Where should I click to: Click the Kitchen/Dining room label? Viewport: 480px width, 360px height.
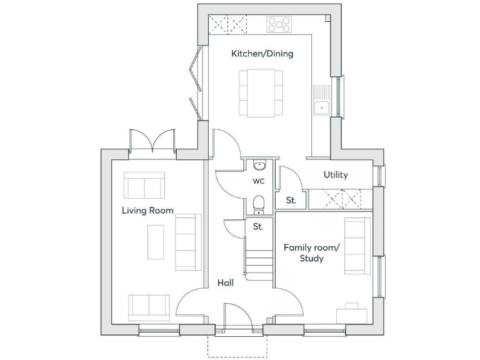coord(262,54)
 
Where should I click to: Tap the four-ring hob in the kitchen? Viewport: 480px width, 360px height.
coord(279,24)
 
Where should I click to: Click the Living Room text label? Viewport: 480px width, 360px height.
coord(147,211)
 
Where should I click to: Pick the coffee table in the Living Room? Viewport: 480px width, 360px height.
coord(156,241)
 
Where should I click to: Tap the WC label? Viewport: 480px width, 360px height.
coord(259,181)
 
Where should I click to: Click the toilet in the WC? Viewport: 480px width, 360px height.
coord(259,203)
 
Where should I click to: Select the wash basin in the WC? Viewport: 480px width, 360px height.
coord(260,165)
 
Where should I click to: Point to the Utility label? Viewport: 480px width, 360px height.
coord(336,175)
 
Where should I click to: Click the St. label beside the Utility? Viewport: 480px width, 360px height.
coord(291,201)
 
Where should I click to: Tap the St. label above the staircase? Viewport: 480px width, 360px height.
coord(258,227)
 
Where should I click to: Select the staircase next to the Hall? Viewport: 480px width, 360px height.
coord(259,261)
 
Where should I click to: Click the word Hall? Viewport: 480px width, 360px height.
coord(225,283)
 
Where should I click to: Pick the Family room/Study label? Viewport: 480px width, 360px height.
coord(311,252)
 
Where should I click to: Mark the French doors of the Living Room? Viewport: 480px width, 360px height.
coord(152,141)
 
